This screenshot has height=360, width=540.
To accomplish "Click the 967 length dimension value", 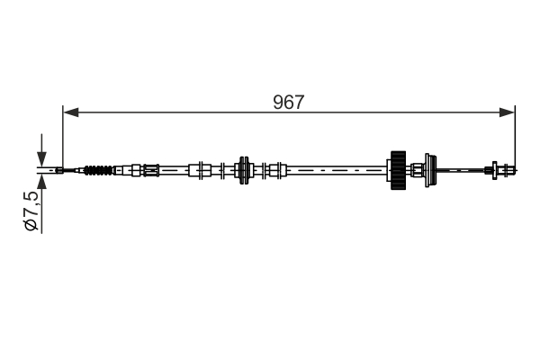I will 289,102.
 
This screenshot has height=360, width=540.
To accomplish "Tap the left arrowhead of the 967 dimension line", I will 68,112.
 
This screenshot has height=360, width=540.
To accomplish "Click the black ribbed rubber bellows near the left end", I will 100,168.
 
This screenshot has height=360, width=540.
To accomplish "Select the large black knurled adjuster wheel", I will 396,168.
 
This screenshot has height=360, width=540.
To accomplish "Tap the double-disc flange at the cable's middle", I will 241,168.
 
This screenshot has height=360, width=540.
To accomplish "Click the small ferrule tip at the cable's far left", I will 58,168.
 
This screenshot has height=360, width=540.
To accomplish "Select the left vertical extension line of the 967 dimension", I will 63,135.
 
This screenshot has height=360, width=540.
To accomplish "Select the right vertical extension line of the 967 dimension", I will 515,135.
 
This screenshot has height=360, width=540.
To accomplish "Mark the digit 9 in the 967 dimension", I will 279,102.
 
